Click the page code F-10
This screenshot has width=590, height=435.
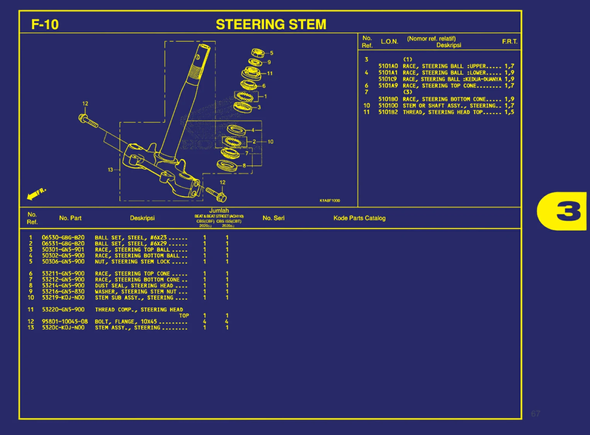[45, 25]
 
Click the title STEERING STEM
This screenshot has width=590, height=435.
[271, 25]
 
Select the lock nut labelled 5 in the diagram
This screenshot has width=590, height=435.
[258, 52]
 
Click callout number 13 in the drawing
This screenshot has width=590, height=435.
[110, 169]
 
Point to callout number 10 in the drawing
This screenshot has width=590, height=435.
[270, 142]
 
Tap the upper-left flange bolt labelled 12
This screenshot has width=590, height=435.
[88, 120]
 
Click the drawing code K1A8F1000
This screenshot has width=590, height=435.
[329, 201]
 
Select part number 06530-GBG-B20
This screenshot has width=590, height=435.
[63, 238]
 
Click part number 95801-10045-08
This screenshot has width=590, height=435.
[64, 322]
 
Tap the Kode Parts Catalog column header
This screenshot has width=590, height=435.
[359, 218]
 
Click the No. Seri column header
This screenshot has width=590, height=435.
[273, 218]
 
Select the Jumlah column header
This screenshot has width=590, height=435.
[219, 211]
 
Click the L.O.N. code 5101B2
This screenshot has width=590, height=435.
[388, 112]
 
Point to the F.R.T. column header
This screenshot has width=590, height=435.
[510, 42]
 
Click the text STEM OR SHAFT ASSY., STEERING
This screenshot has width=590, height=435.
[449, 106]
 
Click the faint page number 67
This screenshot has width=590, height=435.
[536, 414]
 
